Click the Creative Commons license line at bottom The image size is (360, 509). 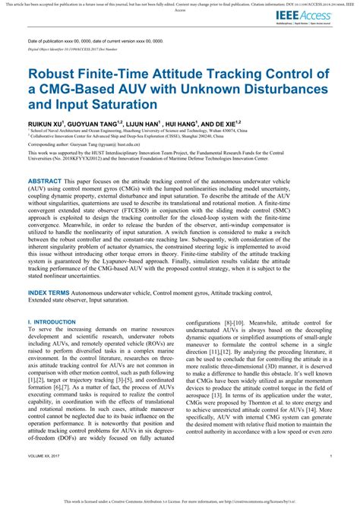point(180,502)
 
